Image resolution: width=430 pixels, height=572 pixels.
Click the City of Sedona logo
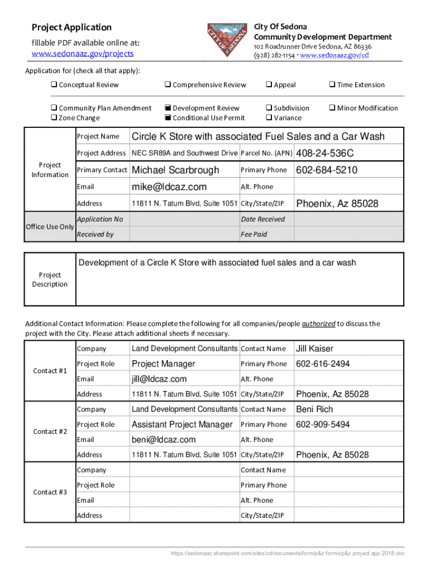[x=226, y=40]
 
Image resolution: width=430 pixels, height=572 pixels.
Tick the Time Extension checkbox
[x=332, y=85]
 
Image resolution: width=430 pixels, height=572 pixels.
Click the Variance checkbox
[x=269, y=118]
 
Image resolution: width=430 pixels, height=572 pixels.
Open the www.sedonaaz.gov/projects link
[x=82, y=54]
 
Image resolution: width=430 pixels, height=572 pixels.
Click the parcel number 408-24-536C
[x=324, y=153]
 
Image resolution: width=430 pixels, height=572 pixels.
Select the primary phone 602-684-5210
[x=326, y=170]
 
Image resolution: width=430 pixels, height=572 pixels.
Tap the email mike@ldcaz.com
[x=169, y=187]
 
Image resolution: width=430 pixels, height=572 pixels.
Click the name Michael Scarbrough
[x=175, y=170]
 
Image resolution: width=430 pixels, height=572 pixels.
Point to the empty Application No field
[x=184, y=220]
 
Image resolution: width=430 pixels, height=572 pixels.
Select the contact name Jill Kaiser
[x=314, y=349]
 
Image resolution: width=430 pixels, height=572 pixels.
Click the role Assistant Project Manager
[x=181, y=425]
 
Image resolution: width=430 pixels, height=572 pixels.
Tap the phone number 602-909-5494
[x=323, y=425]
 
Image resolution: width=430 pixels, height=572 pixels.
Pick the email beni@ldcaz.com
[x=164, y=440]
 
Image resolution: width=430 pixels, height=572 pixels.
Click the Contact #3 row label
[x=50, y=492]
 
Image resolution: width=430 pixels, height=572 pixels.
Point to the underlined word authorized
[x=319, y=324]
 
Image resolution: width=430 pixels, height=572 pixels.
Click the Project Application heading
[x=71, y=27]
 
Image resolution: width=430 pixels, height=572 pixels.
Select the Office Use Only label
[x=50, y=227]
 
